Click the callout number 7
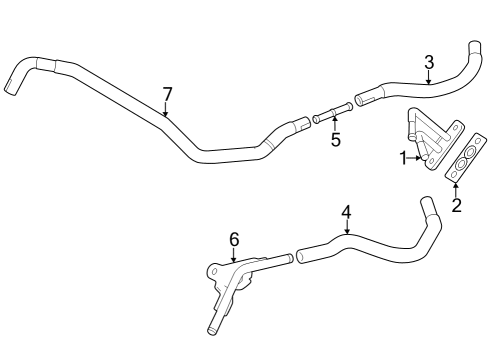tap(167, 94)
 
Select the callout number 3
tap(429, 62)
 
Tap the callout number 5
tap(335, 140)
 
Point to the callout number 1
tap(404, 157)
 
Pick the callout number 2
tap(456, 206)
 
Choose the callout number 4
tap(346, 212)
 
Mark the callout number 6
tap(234, 239)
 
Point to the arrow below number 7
tap(167, 112)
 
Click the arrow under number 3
tap(429, 80)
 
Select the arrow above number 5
tap(335, 122)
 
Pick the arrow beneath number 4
tap(346, 230)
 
